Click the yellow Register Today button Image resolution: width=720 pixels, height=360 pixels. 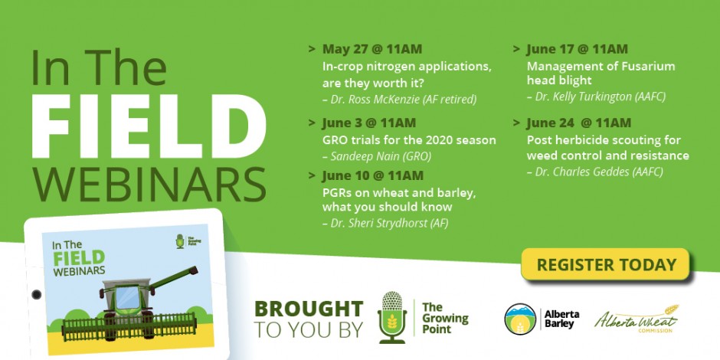(605, 264)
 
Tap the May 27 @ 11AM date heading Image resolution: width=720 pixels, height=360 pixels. (372, 49)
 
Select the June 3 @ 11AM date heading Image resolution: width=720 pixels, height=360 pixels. (369, 123)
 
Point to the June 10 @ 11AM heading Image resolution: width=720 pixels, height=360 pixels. (372, 176)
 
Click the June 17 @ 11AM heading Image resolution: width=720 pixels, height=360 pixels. (578, 49)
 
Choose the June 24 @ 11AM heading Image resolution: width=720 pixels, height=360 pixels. (578, 123)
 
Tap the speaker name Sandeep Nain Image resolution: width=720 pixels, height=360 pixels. (364, 156)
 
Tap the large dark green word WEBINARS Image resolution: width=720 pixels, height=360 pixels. (149, 185)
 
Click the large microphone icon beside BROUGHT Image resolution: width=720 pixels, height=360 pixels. (391, 317)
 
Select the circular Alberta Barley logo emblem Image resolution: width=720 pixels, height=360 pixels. (520, 319)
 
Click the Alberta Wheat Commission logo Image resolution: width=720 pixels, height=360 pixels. (637, 319)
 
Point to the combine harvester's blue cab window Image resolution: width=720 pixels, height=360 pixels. (127, 297)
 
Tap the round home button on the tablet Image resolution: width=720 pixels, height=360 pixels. (36, 294)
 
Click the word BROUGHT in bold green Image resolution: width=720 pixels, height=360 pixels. (309, 309)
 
